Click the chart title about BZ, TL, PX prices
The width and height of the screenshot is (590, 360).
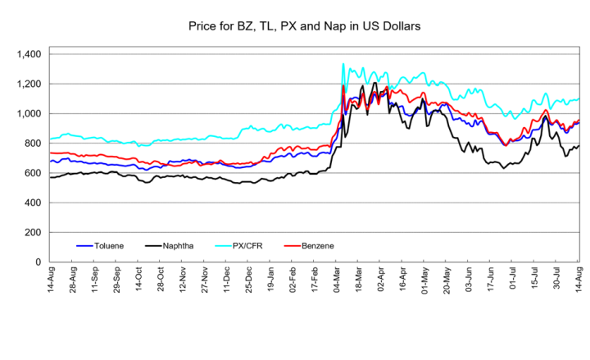tap(304, 26)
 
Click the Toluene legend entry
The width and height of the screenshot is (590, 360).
tap(100, 246)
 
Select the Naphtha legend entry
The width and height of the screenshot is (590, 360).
tap(170, 246)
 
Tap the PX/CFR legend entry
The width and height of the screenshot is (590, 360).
tap(239, 246)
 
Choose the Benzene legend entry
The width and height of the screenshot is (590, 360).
tap(309, 246)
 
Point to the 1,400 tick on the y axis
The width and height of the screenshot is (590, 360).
tap(29, 54)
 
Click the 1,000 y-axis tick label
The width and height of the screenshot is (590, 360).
tap(29, 114)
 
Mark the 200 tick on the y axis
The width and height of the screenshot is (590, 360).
tap(34, 232)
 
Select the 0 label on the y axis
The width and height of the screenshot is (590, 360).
tap(39, 262)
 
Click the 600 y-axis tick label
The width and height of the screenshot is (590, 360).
tap(34, 173)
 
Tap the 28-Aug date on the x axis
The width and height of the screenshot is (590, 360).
tap(73, 280)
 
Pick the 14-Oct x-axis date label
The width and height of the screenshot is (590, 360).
tap(138, 280)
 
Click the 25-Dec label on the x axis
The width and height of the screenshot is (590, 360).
tap(248, 280)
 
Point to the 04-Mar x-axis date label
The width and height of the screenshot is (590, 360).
tap(337, 280)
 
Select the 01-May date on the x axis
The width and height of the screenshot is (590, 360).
tap(424, 280)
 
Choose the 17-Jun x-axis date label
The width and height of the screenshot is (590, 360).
tap(490, 280)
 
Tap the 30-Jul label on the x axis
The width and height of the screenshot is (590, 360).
tap(556, 279)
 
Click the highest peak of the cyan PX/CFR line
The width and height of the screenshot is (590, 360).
tap(343, 64)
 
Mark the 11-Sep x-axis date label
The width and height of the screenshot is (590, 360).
tap(94, 280)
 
